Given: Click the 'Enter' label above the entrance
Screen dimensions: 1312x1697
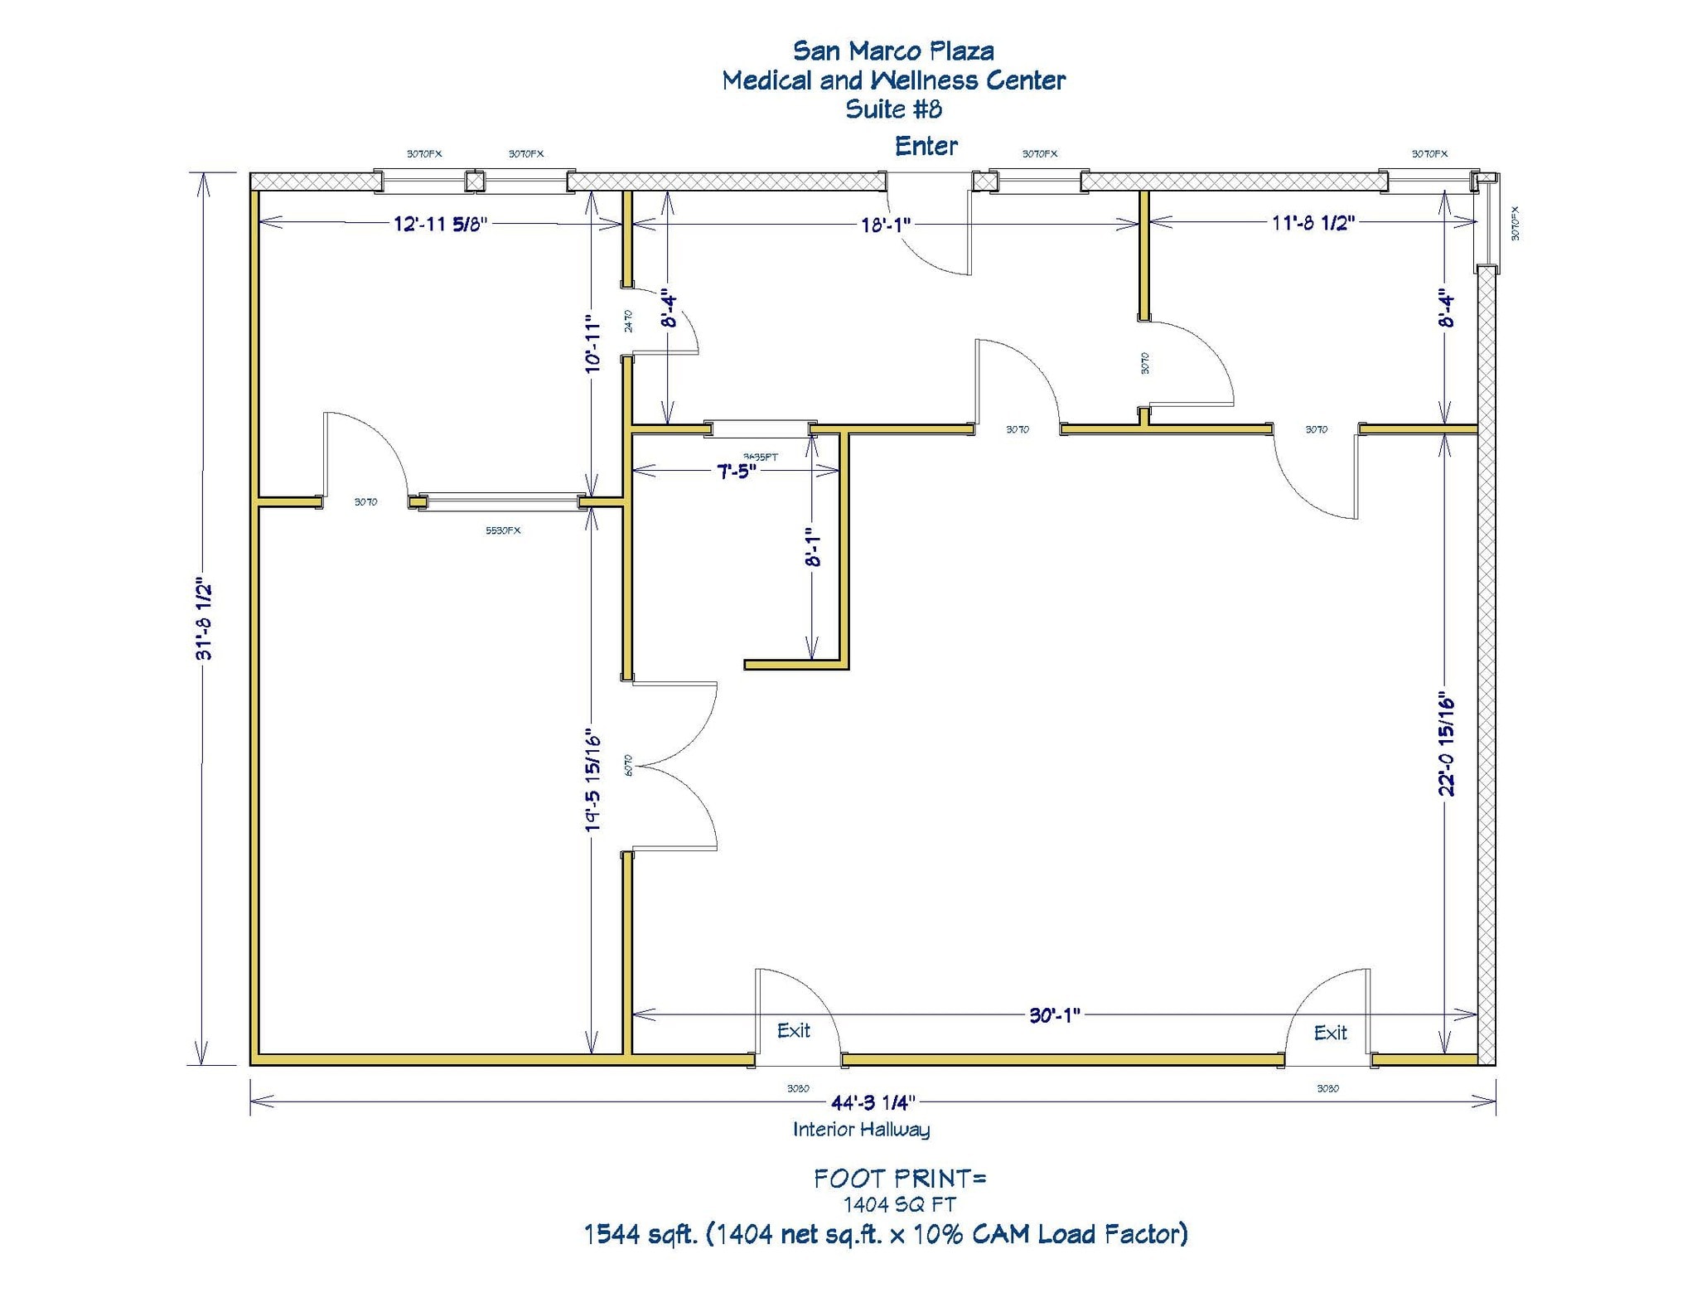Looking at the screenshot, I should tap(926, 147).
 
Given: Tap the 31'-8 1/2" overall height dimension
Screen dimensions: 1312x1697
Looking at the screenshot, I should tap(204, 618).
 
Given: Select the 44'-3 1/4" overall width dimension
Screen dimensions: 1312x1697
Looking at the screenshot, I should tap(873, 1102).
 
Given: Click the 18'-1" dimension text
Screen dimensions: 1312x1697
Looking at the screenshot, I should tap(885, 225).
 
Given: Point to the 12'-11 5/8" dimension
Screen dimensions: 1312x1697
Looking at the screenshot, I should tap(440, 224).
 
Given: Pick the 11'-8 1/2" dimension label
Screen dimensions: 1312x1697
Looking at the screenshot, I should tap(1313, 222).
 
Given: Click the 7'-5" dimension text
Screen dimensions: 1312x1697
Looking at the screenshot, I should tap(736, 471).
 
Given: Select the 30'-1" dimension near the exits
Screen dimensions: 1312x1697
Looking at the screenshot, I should tap(1054, 1015).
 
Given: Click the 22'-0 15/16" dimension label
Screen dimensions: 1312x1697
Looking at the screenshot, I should tap(1446, 743).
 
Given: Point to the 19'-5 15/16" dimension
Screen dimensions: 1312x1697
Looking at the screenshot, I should tap(592, 780).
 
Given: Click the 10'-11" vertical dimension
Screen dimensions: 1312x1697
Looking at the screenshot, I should tap(592, 343).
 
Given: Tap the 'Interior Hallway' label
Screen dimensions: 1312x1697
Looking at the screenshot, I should tap(861, 1129).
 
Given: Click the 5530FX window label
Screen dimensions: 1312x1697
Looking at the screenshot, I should tap(503, 530).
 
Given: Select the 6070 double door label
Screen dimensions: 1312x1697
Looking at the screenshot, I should tap(628, 764).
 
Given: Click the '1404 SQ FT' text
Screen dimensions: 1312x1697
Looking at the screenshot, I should tap(899, 1203).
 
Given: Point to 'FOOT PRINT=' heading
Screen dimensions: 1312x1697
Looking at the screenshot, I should tap(899, 1178).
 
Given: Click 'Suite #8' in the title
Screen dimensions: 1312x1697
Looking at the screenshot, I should tap(893, 109).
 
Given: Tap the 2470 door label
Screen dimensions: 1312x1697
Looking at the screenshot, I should tap(628, 321).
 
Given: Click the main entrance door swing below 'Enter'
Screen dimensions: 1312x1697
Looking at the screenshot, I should tap(932, 236).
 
